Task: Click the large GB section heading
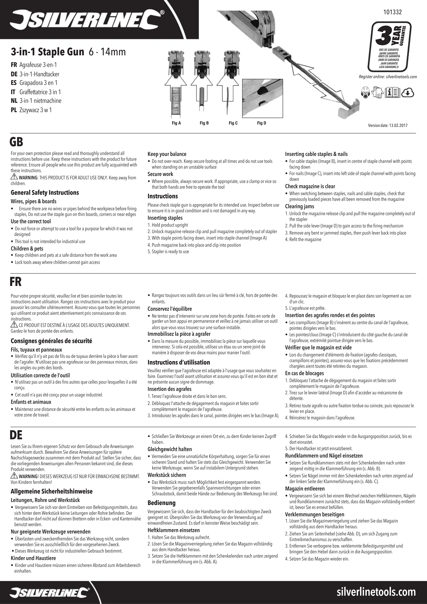[x=16, y=142]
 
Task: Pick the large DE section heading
[x=16, y=435]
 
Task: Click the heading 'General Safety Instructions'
[x=45, y=193]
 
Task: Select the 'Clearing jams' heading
[x=299, y=207]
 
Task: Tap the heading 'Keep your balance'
[x=167, y=154]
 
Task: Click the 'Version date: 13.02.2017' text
[x=388, y=126]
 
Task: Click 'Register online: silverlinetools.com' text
[x=388, y=77]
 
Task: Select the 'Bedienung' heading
[x=161, y=503]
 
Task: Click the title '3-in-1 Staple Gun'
[x=47, y=52]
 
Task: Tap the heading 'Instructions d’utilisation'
[x=179, y=362]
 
